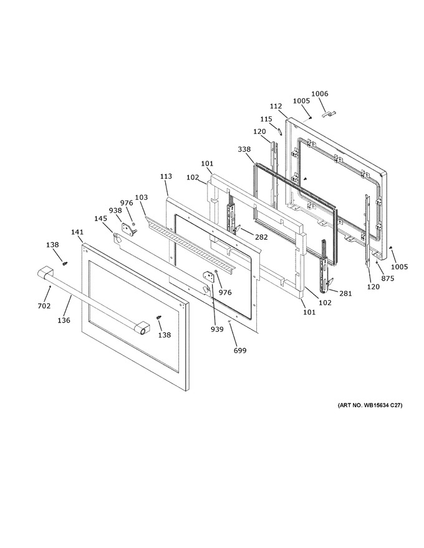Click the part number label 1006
pyautogui.click(x=319, y=93)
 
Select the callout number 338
pyautogui.click(x=244, y=149)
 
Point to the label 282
pyautogui.click(x=261, y=237)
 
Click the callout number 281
pyautogui.click(x=345, y=293)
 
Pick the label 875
pyautogui.click(x=387, y=278)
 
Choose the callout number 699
pyautogui.click(x=239, y=350)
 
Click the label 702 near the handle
pyautogui.click(x=44, y=306)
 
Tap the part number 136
pyautogui.click(x=64, y=320)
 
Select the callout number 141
pyautogui.click(x=77, y=232)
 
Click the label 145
pyautogui.click(x=100, y=218)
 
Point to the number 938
pyautogui.click(x=115, y=210)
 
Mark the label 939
pyautogui.click(x=217, y=329)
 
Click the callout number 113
pyautogui.click(x=166, y=176)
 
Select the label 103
pyautogui.click(x=141, y=197)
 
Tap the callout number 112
pyautogui.click(x=276, y=106)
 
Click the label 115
pyautogui.click(x=266, y=119)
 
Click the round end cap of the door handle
pyautogui.click(x=142, y=329)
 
